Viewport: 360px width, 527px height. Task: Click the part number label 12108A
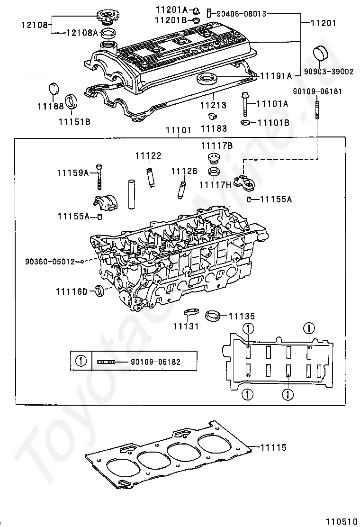click(81, 33)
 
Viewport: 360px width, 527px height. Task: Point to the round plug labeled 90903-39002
click(321, 54)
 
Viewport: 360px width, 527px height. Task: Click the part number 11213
click(213, 105)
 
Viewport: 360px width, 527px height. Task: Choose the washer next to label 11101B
click(245, 122)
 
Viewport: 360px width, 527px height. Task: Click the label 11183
click(214, 128)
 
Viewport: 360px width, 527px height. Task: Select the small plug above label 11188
click(54, 89)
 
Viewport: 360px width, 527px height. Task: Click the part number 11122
click(148, 155)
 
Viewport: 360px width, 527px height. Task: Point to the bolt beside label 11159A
click(99, 177)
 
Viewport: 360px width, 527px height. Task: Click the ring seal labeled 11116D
click(99, 291)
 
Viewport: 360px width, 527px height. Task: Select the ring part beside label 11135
click(213, 316)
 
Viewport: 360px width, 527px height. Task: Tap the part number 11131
click(186, 326)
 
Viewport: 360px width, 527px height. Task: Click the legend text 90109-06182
click(156, 362)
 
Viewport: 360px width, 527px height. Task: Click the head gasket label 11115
click(274, 447)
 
